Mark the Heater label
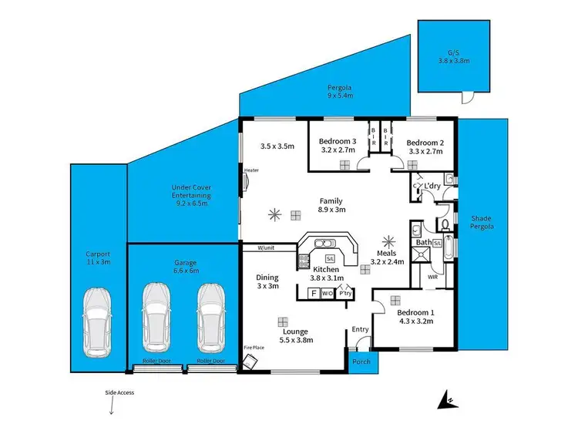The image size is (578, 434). point(250,170)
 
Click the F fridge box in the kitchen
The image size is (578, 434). point(313,293)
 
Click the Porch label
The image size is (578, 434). point(361,361)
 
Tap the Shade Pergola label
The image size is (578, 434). point(482,223)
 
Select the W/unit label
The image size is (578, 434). point(267,247)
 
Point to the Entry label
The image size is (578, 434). point(361,329)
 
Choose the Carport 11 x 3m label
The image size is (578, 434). point(98,257)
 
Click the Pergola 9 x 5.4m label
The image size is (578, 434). point(340,92)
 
